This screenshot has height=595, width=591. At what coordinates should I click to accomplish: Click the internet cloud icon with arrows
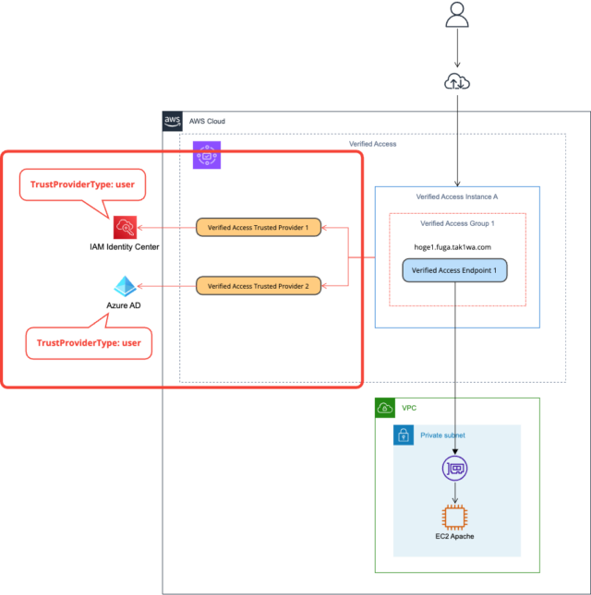click(x=456, y=83)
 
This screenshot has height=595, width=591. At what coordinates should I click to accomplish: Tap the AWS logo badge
click(x=173, y=121)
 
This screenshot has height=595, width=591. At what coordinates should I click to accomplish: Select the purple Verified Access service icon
click(x=207, y=155)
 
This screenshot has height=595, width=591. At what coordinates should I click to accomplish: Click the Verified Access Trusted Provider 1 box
click(x=258, y=227)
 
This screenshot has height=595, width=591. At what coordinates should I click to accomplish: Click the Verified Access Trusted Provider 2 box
click(x=258, y=286)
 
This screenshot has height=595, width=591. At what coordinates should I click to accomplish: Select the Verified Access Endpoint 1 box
click(x=454, y=270)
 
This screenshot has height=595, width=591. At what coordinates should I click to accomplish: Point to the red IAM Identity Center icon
click(x=125, y=227)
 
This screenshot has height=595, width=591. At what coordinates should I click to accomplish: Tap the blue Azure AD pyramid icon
click(x=125, y=286)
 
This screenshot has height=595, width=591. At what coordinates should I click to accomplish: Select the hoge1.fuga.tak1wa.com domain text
click(x=452, y=247)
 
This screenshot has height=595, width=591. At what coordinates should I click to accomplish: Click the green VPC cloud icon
click(x=386, y=408)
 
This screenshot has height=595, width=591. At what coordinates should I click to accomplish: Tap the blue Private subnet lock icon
click(x=404, y=435)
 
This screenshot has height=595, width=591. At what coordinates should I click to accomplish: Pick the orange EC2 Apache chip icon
click(x=454, y=517)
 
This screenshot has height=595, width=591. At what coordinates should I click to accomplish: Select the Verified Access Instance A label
click(x=456, y=197)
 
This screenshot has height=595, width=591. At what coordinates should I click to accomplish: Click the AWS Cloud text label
click(x=207, y=122)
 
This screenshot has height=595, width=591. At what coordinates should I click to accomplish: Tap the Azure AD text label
click(x=124, y=303)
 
